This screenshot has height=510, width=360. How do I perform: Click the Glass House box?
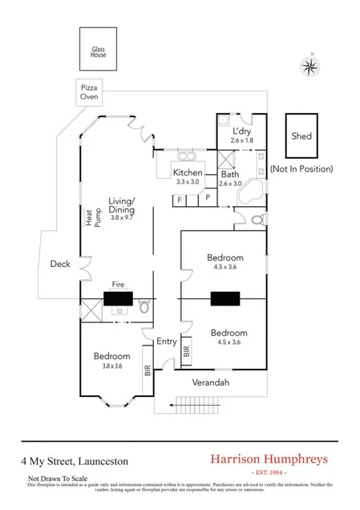[99, 49]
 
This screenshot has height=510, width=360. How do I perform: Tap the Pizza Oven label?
[89, 91]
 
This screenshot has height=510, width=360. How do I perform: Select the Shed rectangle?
[301, 136]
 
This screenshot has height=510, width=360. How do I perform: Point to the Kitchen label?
[188, 172]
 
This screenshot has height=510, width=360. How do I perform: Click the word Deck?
[60, 264]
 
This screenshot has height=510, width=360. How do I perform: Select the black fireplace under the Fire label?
[119, 299]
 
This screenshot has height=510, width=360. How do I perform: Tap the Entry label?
[166, 341]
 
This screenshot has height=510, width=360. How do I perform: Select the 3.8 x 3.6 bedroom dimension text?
[111, 365]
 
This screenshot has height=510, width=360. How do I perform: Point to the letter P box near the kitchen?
[207, 197]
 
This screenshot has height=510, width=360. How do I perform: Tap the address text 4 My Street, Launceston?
[74, 462]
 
